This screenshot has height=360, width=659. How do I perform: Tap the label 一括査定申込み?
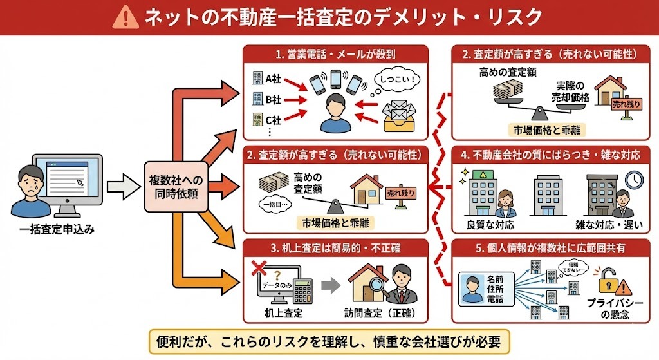[57, 229]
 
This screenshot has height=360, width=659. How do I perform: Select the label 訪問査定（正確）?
[379, 314]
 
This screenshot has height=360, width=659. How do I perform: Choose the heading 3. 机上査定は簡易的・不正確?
[336, 247]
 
